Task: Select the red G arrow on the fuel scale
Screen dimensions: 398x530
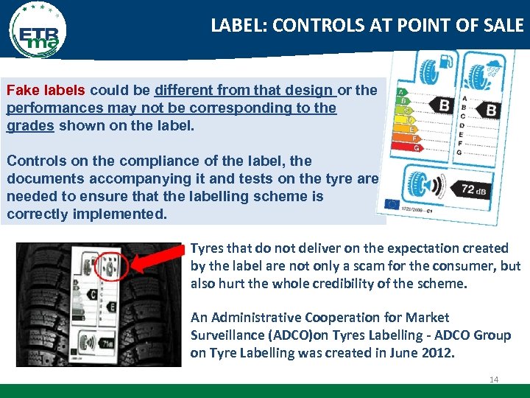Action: coord(418,147)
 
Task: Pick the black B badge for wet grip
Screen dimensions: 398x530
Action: coord(490,111)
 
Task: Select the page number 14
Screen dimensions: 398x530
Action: coord(493,380)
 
